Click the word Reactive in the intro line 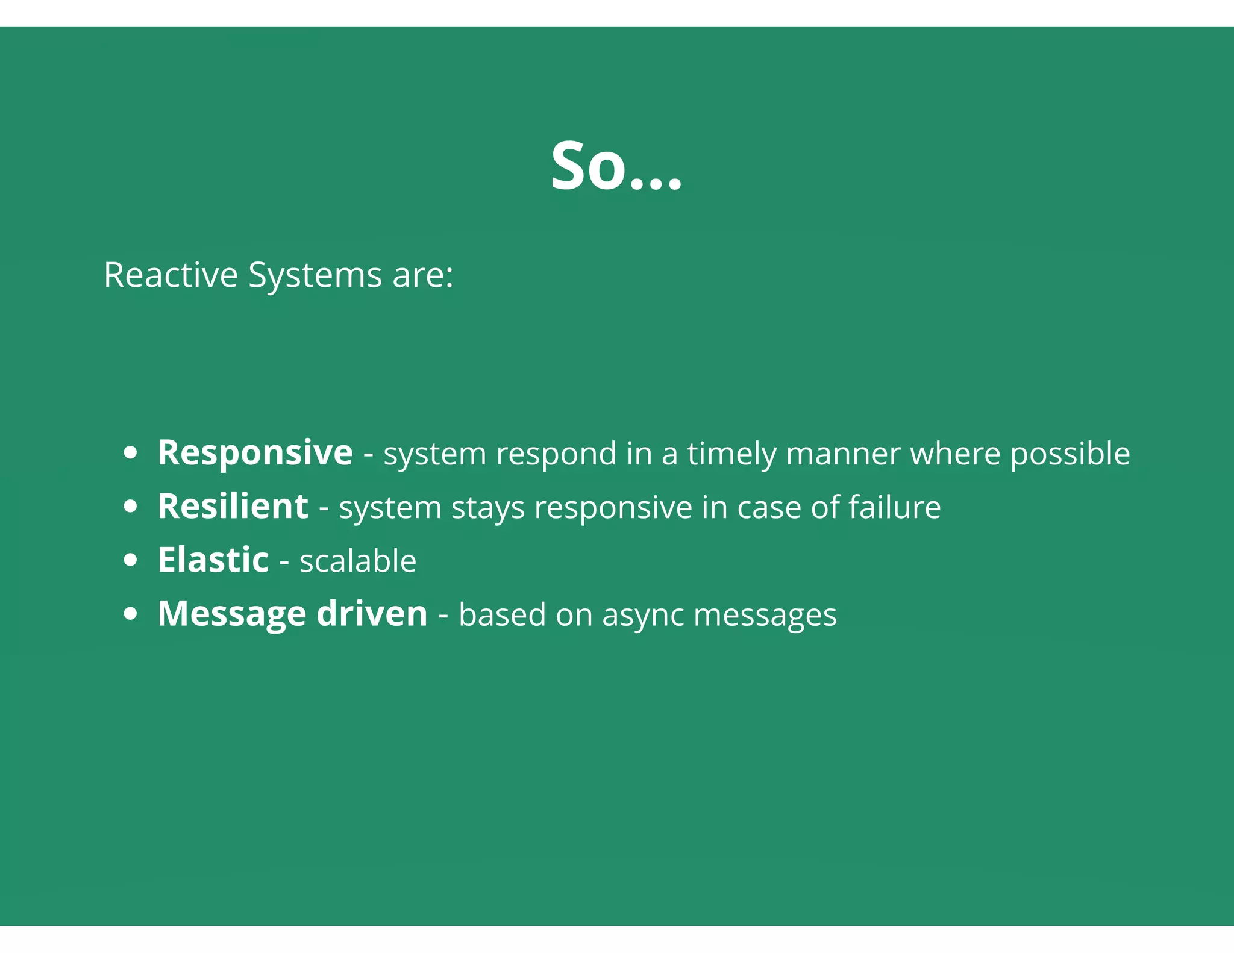[171, 275]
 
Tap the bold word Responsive [255, 453]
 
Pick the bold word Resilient [233, 507]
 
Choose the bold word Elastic [213, 560]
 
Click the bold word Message [232, 614]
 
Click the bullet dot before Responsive [130, 453]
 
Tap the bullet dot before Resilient [130, 507]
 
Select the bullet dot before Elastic [130, 560]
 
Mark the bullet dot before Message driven [130, 614]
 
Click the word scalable [358, 561]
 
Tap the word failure [895, 507]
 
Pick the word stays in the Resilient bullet [488, 508]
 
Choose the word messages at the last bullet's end [765, 616]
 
